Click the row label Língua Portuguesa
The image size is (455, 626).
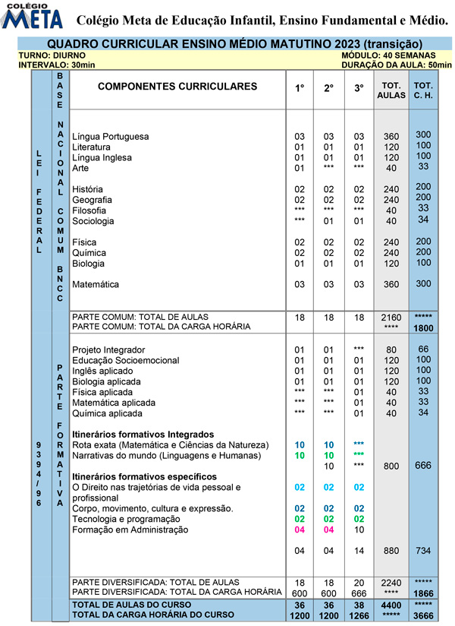pyautogui.click(x=110, y=137)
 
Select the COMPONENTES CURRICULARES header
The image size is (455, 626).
pyautogui.click(x=177, y=87)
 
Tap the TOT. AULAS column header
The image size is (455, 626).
pyautogui.click(x=391, y=91)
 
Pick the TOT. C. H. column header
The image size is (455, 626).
pyautogui.click(x=423, y=91)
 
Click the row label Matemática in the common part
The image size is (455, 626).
pyautogui.click(x=96, y=285)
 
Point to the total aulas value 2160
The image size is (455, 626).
pyautogui.click(x=391, y=316)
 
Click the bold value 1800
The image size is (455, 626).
pyautogui.click(x=423, y=327)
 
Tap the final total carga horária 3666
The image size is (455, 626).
pyautogui.click(x=423, y=614)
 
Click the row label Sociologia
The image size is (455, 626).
pyautogui.click(x=93, y=221)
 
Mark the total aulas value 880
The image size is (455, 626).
pyautogui.click(x=391, y=551)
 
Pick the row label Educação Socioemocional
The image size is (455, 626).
pyautogui.click(x=126, y=360)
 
